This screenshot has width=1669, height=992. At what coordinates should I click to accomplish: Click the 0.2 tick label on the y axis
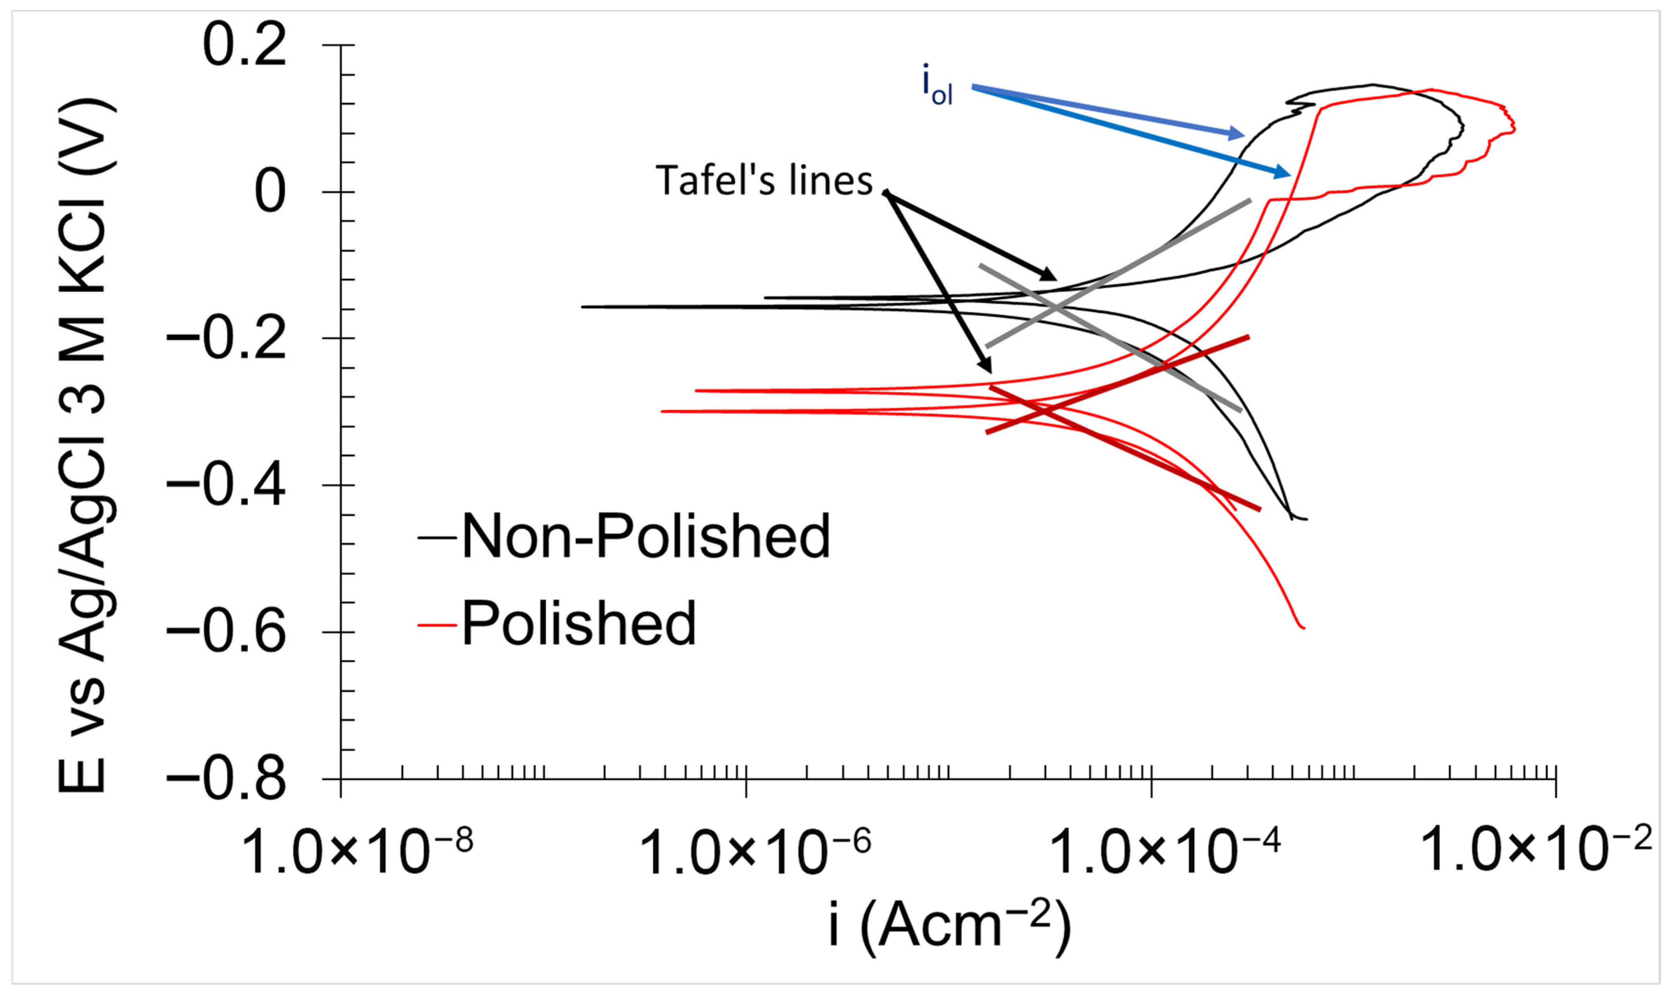pos(245,45)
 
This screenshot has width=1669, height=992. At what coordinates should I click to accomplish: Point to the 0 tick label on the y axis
pos(271,192)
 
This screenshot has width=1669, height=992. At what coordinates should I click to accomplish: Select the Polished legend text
pos(579,623)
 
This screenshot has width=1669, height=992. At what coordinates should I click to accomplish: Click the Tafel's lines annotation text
pos(764,180)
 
